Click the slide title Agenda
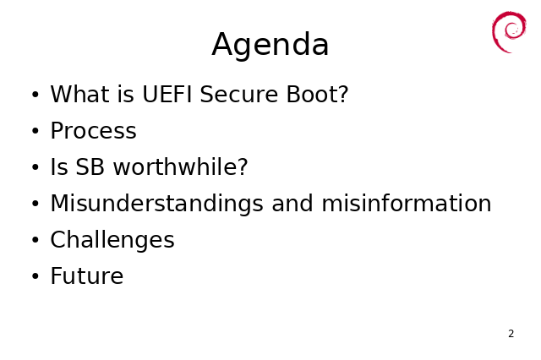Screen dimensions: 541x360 [x=270, y=45]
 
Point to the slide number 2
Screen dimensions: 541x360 [x=511, y=334]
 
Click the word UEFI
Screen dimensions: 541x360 [x=167, y=94]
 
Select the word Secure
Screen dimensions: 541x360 [x=238, y=94]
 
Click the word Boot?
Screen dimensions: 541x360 [x=318, y=94]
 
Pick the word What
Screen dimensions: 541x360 [x=80, y=94]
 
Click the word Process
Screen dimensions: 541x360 [x=94, y=131]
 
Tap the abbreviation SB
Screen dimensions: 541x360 [x=90, y=166]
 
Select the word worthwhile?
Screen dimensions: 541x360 [x=180, y=166]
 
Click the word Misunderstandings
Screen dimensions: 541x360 [x=157, y=205]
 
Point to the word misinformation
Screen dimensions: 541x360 [x=407, y=203]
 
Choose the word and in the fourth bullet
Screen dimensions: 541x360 [x=292, y=203]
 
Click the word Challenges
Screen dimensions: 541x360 [x=112, y=240]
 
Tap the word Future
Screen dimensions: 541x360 [x=87, y=275]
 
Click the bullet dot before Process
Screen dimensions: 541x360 [x=36, y=131]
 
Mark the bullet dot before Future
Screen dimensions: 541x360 [x=36, y=276]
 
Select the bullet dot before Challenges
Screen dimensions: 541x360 [x=36, y=240]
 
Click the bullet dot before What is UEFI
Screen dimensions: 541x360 [x=36, y=95]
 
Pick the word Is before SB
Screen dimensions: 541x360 [x=59, y=166]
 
